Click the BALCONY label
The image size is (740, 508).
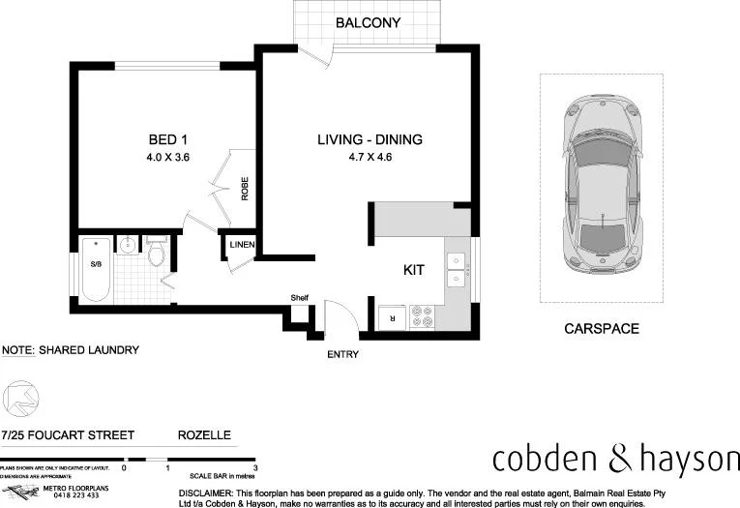pos(368,23)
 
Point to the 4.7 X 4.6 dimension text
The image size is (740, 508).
pos(370,157)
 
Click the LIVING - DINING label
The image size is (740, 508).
pos(370,139)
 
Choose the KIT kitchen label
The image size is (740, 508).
pos(414,272)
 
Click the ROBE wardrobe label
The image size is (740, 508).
pos(245,187)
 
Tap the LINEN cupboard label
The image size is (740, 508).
pos(242,246)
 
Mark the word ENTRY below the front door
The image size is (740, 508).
pos(342,355)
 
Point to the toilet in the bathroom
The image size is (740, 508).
pos(159,253)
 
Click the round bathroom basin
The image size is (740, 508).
pos(129,246)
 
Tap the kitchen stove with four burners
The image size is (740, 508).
pos(423,314)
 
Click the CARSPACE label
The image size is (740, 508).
pos(601,329)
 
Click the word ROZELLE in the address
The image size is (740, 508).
pos(204,435)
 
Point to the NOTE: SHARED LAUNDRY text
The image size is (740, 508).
pos(71,350)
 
